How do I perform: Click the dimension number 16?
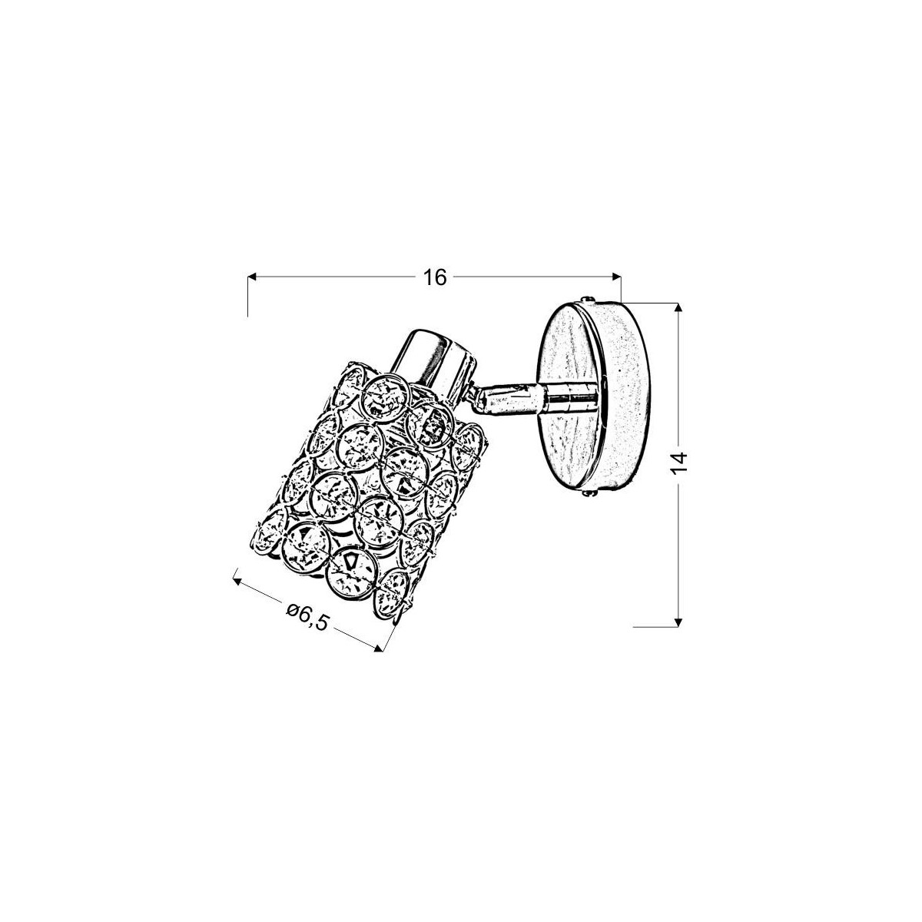434,278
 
